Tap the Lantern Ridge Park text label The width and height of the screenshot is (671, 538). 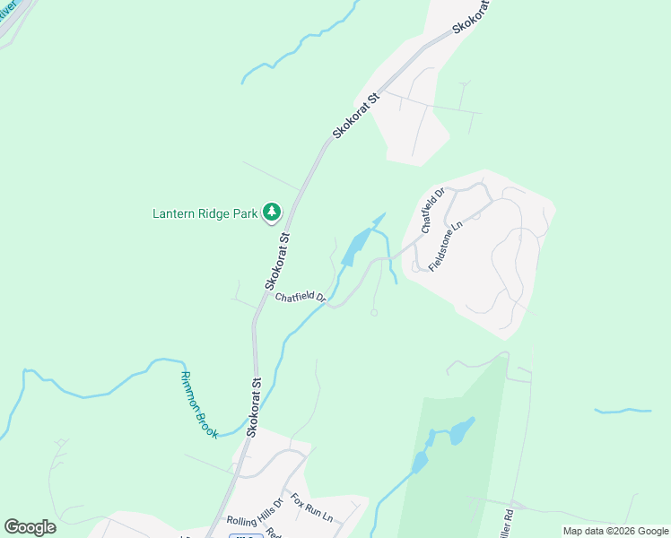[205, 213]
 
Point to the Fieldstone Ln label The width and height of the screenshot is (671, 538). [444, 248]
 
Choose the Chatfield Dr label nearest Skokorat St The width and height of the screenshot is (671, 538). [300, 298]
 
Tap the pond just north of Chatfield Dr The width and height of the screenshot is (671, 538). [356, 246]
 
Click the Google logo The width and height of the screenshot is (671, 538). [30, 527]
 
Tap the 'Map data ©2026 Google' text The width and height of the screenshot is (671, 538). [615, 531]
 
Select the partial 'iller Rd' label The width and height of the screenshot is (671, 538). [510, 520]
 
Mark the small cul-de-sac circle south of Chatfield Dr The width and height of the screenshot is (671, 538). [374, 313]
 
